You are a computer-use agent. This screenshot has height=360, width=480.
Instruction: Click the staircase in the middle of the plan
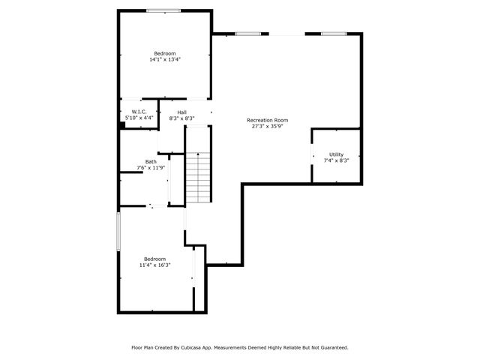coord(198,177)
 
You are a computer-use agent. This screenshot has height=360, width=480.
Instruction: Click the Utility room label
coord(337,154)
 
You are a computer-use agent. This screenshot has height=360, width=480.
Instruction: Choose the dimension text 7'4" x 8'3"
coord(337,160)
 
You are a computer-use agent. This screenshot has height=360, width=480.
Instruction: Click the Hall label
coord(181,112)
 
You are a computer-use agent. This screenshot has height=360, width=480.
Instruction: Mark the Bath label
coord(151,162)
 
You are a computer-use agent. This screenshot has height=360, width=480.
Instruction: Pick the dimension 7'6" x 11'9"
coord(151,168)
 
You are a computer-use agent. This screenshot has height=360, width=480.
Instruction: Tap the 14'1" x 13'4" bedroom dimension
coord(165,59)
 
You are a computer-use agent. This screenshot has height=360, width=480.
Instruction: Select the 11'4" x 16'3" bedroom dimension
coord(154,265)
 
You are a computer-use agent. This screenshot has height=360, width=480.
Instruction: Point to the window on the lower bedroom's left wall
coord(118,232)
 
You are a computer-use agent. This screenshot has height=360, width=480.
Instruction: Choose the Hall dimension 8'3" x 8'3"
coord(181,118)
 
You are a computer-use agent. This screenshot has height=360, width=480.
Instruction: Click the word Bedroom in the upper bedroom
coord(165,53)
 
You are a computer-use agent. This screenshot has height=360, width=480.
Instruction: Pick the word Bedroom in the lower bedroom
coord(154,259)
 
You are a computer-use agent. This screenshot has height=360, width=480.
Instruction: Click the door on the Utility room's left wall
coord(313,155)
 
